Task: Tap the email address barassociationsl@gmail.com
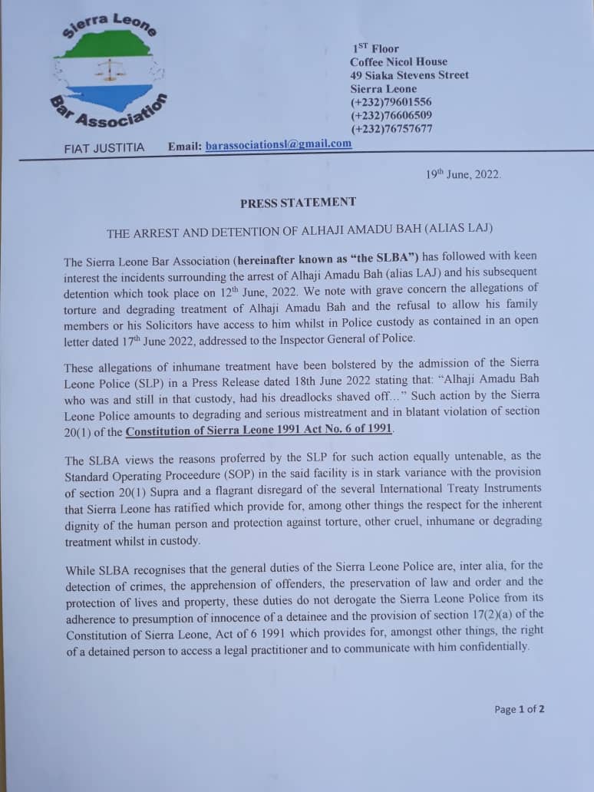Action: pyautogui.click(x=279, y=144)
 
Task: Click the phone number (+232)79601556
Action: pyautogui.click(x=391, y=102)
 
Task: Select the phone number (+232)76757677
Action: pyautogui.click(x=391, y=129)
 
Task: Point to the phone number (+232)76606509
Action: pyautogui.click(x=391, y=116)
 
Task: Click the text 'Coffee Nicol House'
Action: pyautogui.click(x=398, y=61)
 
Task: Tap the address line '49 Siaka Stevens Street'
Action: pyautogui.click(x=409, y=75)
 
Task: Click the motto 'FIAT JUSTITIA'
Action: pyautogui.click(x=104, y=147)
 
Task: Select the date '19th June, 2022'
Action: pyautogui.click(x=464, y=174)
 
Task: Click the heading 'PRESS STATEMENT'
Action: pyautogui.click(x=298, y=203)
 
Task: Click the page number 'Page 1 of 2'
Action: pyautogui.click(x=520, y=709)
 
